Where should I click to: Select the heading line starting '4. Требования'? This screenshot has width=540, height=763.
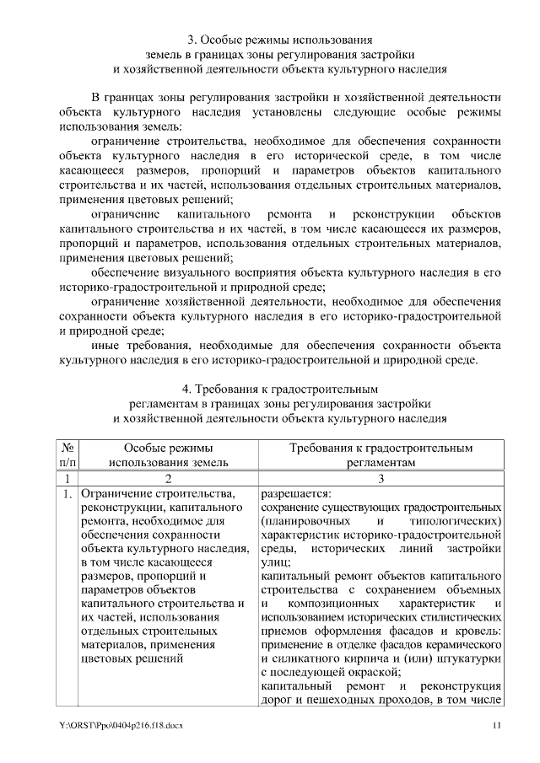[x=279, y=390]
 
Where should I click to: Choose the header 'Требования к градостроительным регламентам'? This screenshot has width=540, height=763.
[x=381, y=455]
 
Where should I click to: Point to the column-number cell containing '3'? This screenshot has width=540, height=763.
[x=381, y=479]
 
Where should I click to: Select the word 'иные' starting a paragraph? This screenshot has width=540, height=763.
[x=105, y=346]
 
